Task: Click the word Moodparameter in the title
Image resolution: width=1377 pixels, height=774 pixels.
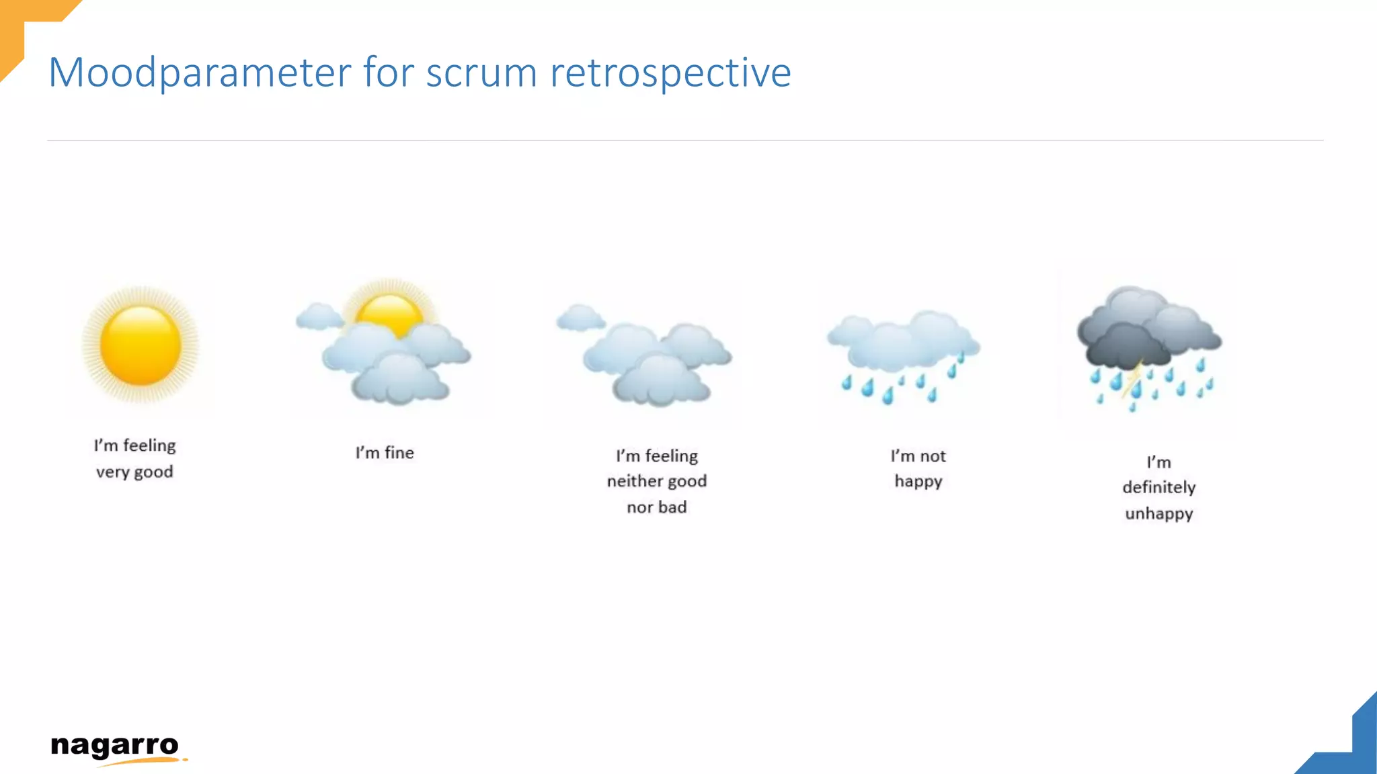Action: (200, 73)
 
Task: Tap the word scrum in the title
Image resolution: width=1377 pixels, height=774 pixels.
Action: (481, 73)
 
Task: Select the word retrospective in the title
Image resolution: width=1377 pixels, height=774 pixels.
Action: (670, 73)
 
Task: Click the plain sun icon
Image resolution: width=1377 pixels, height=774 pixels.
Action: (141, 345)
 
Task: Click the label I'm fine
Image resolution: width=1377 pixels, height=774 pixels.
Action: (385, 453)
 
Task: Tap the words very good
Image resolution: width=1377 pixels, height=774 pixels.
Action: (134, 472)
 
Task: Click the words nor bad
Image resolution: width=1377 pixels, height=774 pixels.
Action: (657, 507)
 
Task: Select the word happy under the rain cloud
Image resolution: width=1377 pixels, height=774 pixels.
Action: (918, 482)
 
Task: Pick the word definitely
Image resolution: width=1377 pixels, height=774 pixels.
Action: (1158, 487)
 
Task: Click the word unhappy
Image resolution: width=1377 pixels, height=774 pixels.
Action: (1158, 514)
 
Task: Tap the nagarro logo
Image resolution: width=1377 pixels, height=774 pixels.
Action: (116, 748)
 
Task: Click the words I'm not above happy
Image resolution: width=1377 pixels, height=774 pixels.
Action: (918, 456)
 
